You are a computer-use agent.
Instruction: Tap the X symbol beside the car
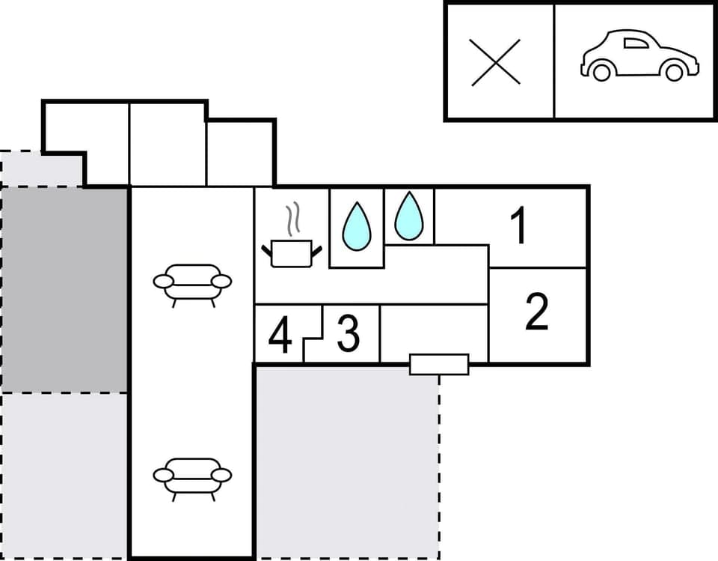[x=496, y=61]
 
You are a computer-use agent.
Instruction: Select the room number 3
[x=348, y=335]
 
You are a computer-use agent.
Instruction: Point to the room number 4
[x=280, y=336]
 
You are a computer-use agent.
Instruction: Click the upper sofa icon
[x=192, y=282]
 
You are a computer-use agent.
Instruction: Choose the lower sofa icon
[x=192, y=476]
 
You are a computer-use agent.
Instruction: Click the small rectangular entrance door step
[x=439, y=364]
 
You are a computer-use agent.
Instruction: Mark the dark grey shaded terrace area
[x=64, y=288]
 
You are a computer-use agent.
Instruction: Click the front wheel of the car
[x=675, y=71]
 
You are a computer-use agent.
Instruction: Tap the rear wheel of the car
[x=601, y=71]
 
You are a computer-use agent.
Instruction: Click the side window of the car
[x=636, y=43]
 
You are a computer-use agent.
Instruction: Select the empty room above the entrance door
[x=434, y=330]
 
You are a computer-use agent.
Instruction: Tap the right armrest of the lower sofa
[x=221, y=475]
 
